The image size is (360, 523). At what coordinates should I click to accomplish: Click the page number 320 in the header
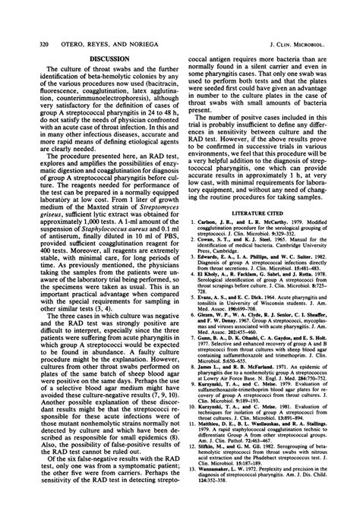[x=22, y=10]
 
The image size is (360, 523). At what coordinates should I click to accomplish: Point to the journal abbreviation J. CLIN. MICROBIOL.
[x=307, y=10]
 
